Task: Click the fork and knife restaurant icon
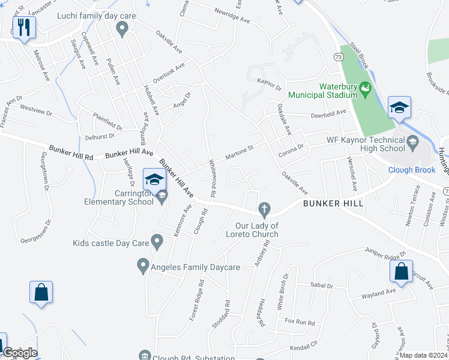24,27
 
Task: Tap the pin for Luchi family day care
122,28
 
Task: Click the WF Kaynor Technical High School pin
412,142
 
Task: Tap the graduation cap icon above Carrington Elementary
154,179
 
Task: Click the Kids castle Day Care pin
157,242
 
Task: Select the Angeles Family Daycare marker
143,265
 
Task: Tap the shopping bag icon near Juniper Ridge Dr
400,271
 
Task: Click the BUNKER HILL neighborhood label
333,204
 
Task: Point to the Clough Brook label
412,170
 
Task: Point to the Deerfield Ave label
328,113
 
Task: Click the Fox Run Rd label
300,323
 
